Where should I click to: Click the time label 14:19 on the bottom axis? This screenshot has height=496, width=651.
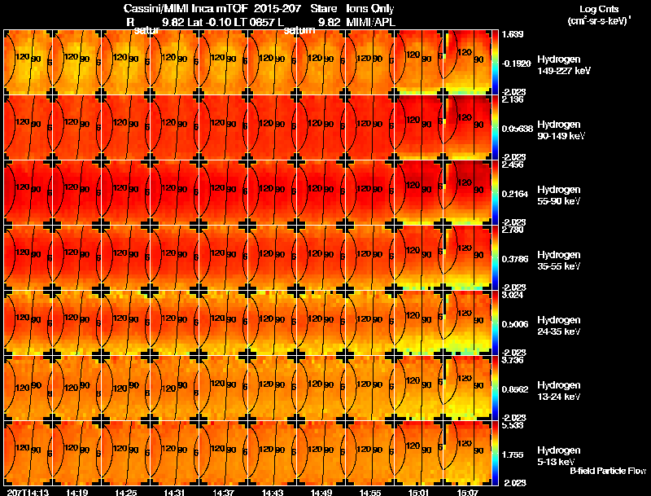77,491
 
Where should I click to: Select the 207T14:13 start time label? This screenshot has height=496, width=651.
26,491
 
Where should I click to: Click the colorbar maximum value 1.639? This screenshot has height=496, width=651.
512,35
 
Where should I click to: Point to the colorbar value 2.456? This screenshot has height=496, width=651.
512,165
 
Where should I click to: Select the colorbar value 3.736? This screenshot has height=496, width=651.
512,360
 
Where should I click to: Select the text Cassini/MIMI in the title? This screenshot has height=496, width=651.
143,8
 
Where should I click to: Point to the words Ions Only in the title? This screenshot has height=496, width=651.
370,8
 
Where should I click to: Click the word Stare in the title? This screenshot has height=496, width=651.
324,8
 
